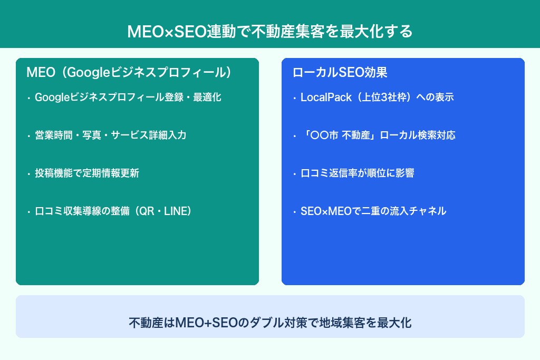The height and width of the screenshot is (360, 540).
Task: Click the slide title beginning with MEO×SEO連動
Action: click(269, 31)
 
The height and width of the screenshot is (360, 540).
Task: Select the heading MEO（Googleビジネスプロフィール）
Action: click(129, 72)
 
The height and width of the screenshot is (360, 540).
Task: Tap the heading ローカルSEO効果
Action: click(340, 72)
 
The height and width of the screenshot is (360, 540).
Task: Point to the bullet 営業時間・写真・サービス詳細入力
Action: click(110, 135)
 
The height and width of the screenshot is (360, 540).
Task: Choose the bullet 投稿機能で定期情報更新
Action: click(87, 173)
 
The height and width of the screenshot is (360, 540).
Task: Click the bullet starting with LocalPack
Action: click(377, 98)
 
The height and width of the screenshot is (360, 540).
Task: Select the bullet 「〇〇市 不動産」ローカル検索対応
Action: click(378, 135)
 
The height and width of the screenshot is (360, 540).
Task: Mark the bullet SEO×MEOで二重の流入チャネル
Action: click(373, 211)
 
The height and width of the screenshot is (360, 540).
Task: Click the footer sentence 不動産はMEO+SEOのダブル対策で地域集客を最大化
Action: click(269, 323)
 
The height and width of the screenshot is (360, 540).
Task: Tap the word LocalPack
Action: click(325, 98)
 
